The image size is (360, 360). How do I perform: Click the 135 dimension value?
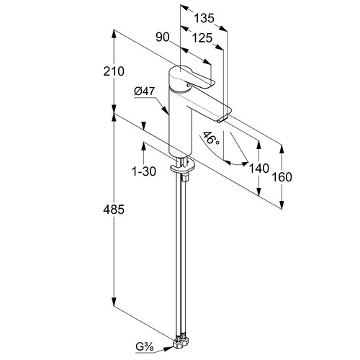(x=204, y=18)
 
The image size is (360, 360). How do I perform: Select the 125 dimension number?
(x=202, y=38)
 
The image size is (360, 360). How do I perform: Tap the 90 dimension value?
(x=163, y=37)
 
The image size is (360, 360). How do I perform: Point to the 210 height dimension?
(x=114, y=71)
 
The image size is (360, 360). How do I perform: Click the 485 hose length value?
(x=114, y=210)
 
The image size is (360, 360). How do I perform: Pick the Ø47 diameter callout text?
(x=145, y=91)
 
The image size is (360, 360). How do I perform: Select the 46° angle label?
(x=210, y=138)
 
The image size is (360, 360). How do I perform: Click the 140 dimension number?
(x=259, y=168)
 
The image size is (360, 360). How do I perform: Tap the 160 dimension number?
(x=282, y=177)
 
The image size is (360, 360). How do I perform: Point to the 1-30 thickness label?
(x=144, y=171)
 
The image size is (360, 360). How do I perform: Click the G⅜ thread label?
(x=144, y=347)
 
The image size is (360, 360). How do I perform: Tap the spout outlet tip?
(x=223, y=118)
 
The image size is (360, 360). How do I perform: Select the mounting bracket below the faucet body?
(x=183, y=169)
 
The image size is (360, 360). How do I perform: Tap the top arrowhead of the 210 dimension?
(x=114, y=34)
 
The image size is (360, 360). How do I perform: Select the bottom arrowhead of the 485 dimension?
(x=114, y=302)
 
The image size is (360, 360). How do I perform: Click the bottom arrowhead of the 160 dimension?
(x=282, y=204)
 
